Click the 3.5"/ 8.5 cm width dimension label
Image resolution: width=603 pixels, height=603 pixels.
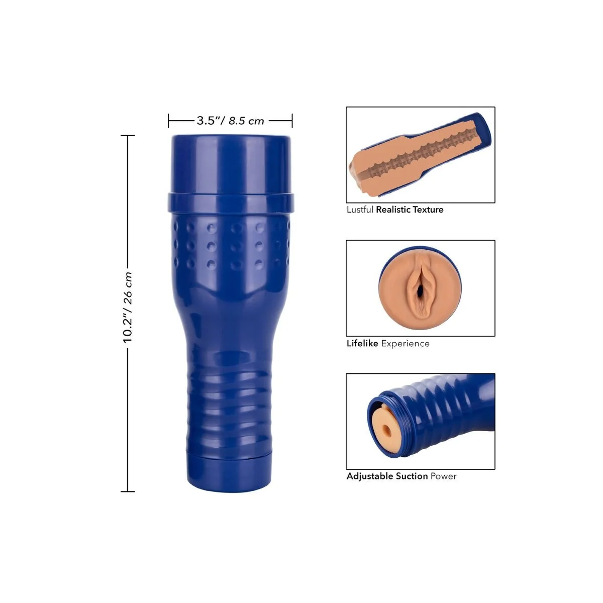(230, 121)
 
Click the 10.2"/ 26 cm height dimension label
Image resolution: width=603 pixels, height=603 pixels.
(128, 308)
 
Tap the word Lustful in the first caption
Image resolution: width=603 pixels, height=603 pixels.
(360, 210)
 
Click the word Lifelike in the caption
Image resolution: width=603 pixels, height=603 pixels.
(362, 343)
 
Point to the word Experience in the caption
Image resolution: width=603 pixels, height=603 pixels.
(405, 344)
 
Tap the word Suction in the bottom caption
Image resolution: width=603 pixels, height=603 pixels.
(412, 476)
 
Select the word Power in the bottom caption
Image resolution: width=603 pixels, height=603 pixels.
(443, 476)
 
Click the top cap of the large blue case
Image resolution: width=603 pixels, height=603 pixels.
(231, 164)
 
